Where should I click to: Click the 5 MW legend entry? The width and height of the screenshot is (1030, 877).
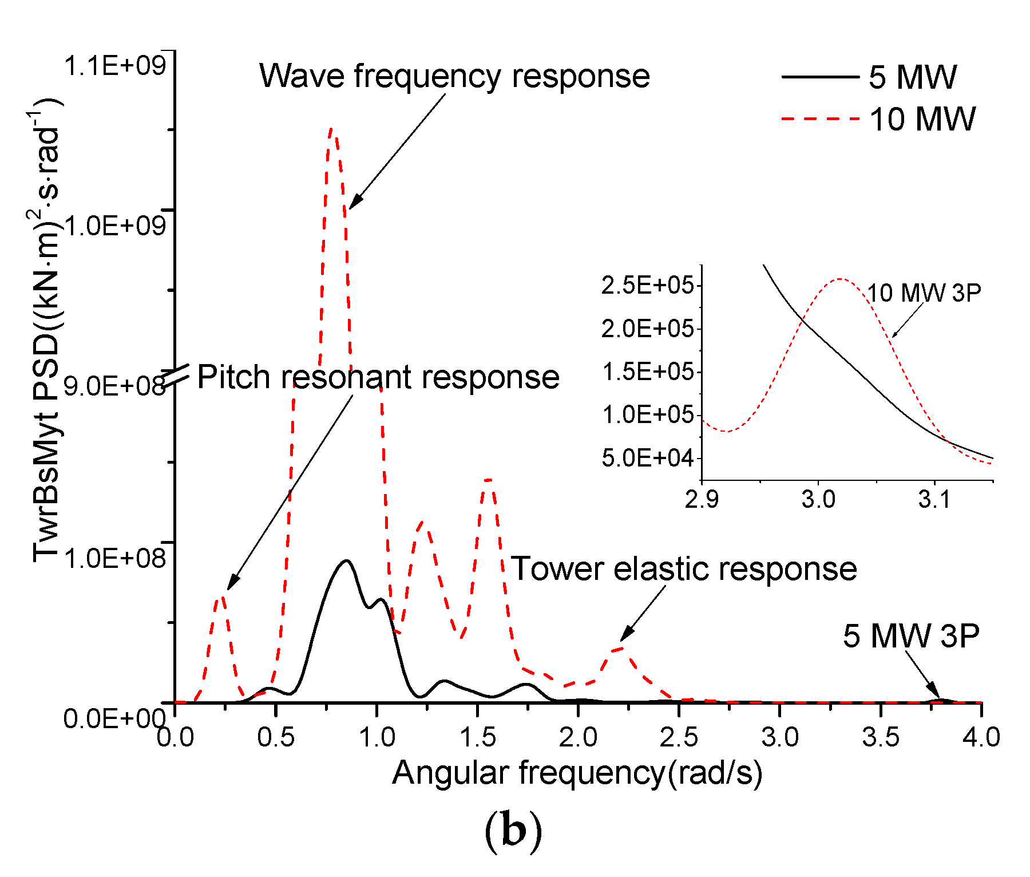click(x=912, y=77)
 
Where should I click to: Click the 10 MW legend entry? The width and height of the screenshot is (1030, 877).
click(x=922, y=120)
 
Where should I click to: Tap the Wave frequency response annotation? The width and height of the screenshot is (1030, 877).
click(x=454, y=76)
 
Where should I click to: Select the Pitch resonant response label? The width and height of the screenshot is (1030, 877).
click(x=378, y=377)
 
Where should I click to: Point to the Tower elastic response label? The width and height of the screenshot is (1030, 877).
click(x=684, y=569)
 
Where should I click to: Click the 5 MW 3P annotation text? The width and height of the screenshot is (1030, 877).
click(x=911, y=635)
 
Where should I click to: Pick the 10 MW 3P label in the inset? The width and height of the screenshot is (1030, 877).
click(x=924, y=293)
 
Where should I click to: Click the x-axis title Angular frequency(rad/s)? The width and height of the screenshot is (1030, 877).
click(x=577, y=772)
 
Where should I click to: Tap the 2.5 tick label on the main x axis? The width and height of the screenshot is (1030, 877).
click(x=679, y=737)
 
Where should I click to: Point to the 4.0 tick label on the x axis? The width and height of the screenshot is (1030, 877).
click(x=981, y=737)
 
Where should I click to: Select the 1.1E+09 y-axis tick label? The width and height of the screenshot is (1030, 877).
click(x=114, y=66)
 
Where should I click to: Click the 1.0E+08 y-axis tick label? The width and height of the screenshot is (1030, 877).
click(x=114, y=558)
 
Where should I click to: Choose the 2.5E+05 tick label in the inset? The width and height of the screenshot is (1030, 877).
click(x=647, y=285)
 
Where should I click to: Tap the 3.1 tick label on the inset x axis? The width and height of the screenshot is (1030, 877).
click(x=934, y=500)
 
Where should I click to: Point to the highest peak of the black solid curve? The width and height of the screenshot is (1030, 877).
click(x=346, y=561)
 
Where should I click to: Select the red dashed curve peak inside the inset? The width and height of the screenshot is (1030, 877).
click(x=839, y=279)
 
